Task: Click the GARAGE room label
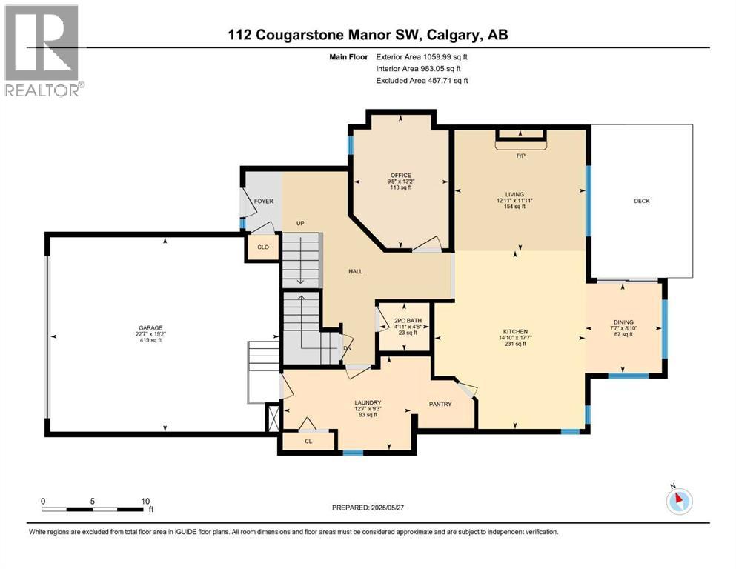149,327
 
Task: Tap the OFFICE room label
401,176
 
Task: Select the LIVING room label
515,195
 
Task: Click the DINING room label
623,322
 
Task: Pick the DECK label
641,201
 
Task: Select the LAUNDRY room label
368,402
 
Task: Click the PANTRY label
442,404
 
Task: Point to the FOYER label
263,201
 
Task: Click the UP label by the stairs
301,223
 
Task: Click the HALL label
356,272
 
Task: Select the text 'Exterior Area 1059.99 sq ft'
422,56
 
